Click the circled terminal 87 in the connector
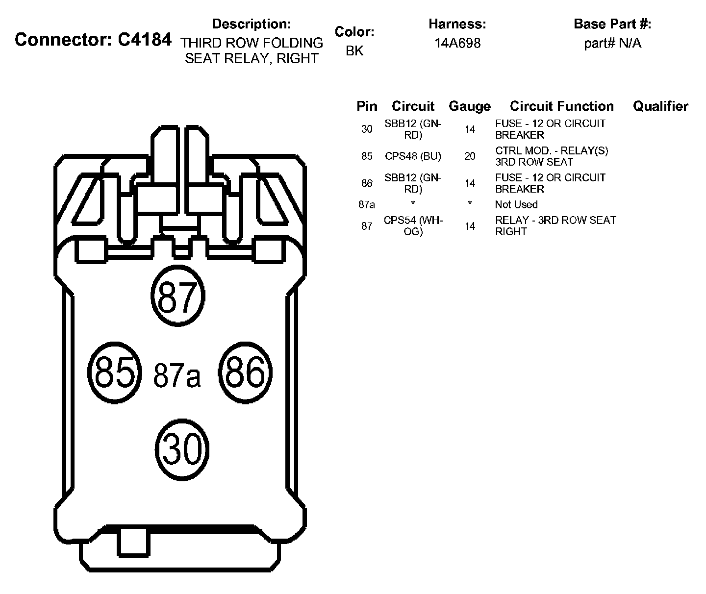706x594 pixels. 177,296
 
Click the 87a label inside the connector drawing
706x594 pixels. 177,375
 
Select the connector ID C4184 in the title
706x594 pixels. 145,39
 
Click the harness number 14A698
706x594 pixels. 457,43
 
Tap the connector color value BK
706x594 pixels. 354,51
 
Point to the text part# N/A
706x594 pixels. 612,43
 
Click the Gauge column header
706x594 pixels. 469,106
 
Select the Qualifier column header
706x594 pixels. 660,106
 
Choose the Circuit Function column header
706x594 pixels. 561,106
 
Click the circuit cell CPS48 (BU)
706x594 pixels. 413,156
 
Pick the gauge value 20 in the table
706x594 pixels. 470,156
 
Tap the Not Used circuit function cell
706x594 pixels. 516,204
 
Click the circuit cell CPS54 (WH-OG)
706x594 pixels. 413,226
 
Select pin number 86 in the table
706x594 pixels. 367,183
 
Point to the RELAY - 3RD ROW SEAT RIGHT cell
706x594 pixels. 555,226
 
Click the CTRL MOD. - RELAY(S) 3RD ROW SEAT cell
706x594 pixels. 552,156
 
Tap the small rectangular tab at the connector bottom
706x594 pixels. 132,542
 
